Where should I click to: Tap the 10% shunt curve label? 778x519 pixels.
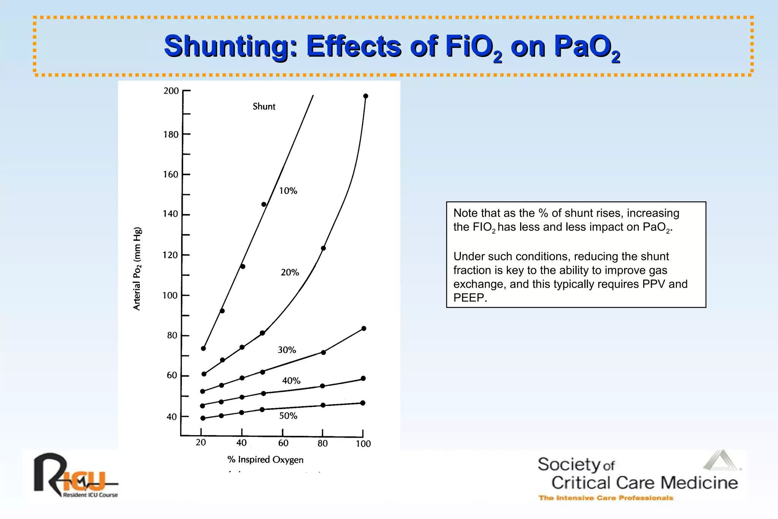point(288,191)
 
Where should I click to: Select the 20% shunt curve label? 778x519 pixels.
point(290,272)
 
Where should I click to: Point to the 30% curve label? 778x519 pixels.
point(287,350)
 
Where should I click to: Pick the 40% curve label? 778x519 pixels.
point(291,381)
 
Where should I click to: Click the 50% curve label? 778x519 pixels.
point(288,416)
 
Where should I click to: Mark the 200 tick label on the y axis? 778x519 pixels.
point(171,91)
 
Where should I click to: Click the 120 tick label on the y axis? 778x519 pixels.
point(170,255)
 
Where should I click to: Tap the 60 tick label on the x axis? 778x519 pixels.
point(283,443)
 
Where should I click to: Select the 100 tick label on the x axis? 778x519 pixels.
point(363,444)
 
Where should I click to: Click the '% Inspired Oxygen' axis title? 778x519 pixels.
point(265,460)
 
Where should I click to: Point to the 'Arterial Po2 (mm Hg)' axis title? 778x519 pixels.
point(137,269)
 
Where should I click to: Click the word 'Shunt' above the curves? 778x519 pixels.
point(264,106)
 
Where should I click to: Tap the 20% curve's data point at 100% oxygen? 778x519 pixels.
point(366,96)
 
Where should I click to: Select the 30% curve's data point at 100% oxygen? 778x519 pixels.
point(364,329)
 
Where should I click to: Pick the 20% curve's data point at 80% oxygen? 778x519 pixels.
point(323,248)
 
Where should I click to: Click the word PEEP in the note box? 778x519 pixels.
point(470,297)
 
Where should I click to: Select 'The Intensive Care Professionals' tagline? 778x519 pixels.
point(606,498)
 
